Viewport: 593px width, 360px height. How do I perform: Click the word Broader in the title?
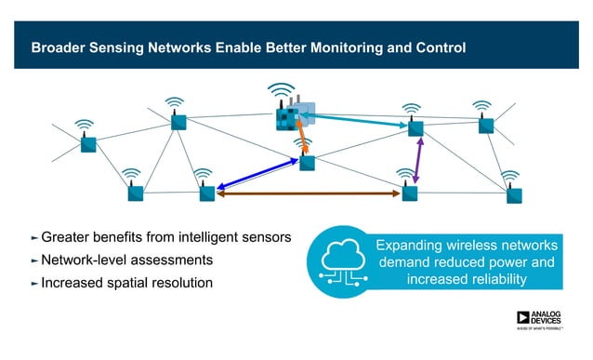pos(59,47)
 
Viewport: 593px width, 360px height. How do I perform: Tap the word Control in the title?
pos(436,47)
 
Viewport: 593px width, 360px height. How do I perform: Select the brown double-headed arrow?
pos(308,193)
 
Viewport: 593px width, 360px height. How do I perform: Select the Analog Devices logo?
pos(540,318)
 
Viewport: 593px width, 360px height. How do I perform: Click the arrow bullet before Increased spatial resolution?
pos(35,282)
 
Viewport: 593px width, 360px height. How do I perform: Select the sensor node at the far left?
pos(87,144)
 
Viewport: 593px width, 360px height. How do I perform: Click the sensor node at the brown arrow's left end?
pos(207,193)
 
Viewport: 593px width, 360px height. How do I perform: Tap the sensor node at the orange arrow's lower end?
pos(307,163)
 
